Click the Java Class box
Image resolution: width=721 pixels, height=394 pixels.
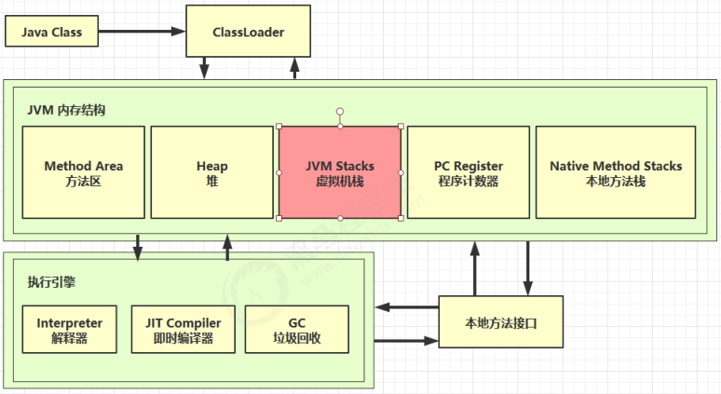pyautogui.click(x=51, y=32)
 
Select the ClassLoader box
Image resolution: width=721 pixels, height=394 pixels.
pyautogui.click(x=249, y=32)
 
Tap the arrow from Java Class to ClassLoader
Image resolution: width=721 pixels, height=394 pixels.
pyautogui.click(x=142, y=32)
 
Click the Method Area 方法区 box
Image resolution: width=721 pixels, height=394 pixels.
pyautogui.click(x=83, y=172)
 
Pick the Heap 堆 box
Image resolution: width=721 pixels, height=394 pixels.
pyautogui.click(x=212, y=172)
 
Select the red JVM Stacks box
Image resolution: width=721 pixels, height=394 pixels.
pyautogui.click(x=340, y=172)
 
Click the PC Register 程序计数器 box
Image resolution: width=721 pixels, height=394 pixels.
pyautogui.click(x=469, y=172)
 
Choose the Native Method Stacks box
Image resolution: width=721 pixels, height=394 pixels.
pyautogui.click(x=616, y=172)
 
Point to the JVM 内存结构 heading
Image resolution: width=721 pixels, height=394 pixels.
pyautogui.click(x=66, y=110)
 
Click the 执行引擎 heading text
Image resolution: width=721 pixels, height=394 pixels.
pyautogui.click(x=51, y=282)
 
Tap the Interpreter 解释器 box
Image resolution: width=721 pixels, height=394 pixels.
pyautogui.click(x=70, y=329)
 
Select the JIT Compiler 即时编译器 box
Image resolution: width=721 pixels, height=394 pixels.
pyautogui.click(x=183, y=329)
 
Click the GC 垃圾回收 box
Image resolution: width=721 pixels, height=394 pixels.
pyautogui.click(x=296, y=329)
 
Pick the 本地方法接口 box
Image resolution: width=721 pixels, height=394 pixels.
pyautogui.click(x=501, y=322)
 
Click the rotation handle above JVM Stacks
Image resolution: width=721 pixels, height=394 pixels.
pyautogui.click(x=340, y=111)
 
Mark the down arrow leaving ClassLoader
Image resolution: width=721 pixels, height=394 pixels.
pyautogui.click(x=204, y=68)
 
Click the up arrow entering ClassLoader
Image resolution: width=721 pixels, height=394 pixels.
pyautogui.click(x=294, y=68)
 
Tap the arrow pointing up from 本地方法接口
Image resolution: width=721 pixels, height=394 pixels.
pyautogui.click(x=475, y=268)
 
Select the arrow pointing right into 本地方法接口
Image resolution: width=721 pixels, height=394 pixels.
pyautogui.click(x=406, y=341)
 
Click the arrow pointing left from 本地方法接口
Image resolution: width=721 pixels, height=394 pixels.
pyautogui.click(x=406, y=306)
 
